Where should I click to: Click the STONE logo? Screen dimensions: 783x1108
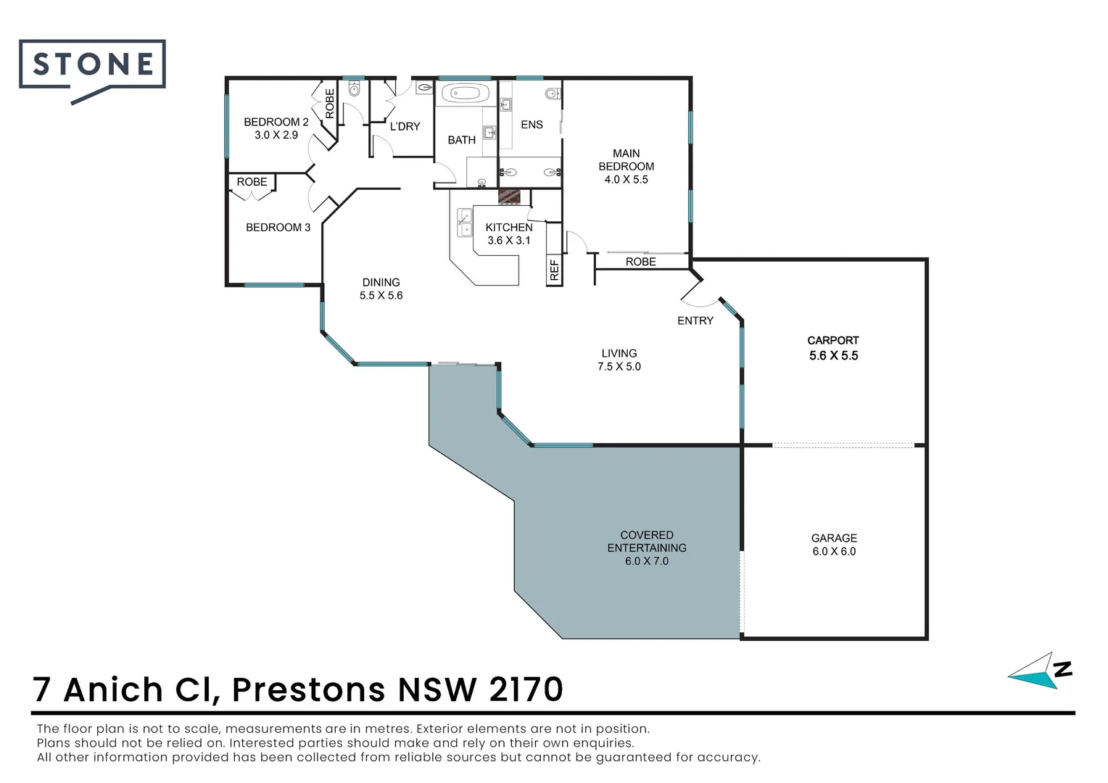pos(93,65)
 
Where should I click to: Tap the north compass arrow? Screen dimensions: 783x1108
pos(1037,672)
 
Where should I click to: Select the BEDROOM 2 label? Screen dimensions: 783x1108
pos(276,122)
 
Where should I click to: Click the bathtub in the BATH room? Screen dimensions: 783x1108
pos(461,94)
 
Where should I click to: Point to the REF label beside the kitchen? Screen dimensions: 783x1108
pos(554,270)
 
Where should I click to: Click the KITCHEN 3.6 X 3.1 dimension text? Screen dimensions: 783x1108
pos(508,241)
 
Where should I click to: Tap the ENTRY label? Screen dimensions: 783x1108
pos(695,320)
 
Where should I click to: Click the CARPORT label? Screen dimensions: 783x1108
pos(832,340)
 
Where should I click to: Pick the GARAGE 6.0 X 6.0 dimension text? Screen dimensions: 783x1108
pos(834,552)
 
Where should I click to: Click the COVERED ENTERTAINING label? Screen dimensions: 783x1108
pos(646,542)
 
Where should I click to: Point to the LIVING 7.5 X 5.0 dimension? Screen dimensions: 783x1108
pos(619,367)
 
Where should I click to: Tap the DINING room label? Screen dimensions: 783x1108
pos(381,282)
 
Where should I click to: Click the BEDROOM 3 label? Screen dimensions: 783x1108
pos(278,228)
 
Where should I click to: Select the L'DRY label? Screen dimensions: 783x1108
pos(405,126)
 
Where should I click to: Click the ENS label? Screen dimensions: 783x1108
pos(532,125)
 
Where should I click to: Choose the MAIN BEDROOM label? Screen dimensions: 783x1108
pos(626,159)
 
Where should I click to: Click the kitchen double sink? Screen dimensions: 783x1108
pos(463,222)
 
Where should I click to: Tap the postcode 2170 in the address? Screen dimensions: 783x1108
pos(526,689)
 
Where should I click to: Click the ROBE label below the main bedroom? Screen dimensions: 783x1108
pos(640,262)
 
